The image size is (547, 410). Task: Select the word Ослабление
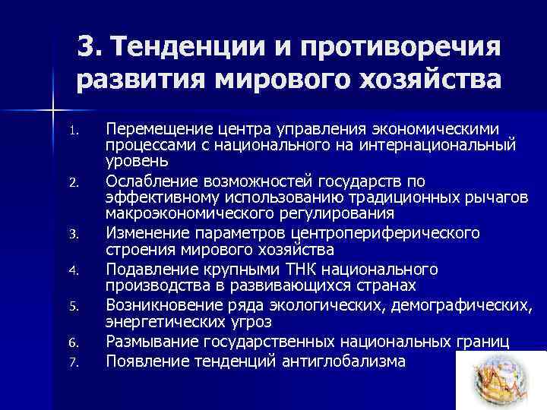click(x=152, y=180)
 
